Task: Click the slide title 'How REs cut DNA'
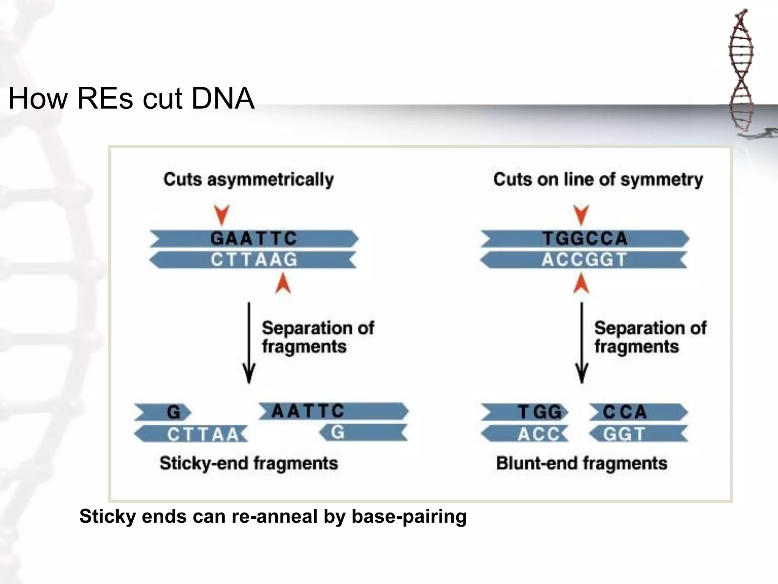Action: pos(131,98)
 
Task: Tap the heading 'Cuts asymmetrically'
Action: pos(248,179)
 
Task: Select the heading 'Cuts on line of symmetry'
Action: pos(598,179)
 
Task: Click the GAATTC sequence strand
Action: pos(254,239)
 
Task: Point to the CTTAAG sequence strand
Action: pos(254,260)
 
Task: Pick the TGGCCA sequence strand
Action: pos(585,239)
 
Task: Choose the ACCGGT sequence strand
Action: pos(584,260)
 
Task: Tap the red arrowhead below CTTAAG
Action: pos(283,284)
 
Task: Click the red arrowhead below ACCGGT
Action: pos(581,284)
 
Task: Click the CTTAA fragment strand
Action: pos(192,434)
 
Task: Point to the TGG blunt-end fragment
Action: pos(525,412)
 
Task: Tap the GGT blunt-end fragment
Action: pos(638,434)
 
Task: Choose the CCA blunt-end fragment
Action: pos(638,412)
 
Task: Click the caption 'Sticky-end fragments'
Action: pos(248,463)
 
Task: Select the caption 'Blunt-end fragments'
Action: pos(582,463)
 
